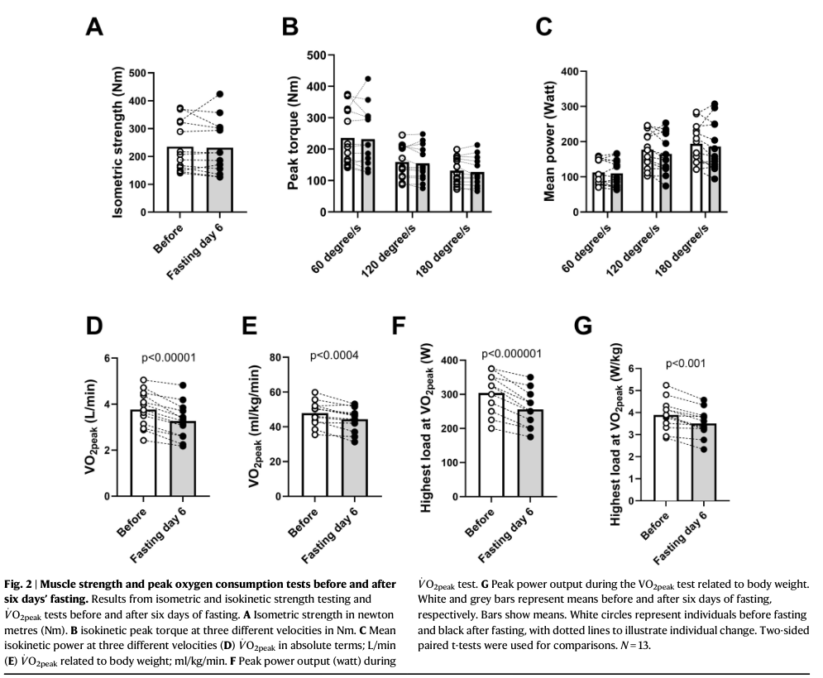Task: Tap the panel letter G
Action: pyautogui.click(x=583, y=326)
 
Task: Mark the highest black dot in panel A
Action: pyautogui.click(x=220, y=94)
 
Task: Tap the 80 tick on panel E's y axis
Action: pyautogui.click(x=291, y=358)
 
